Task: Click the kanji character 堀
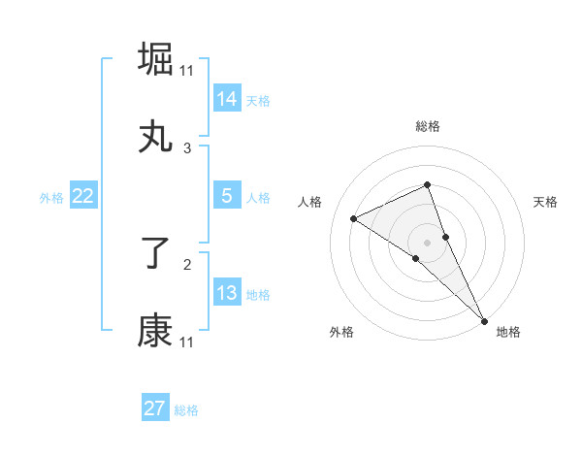pyautogui.click(x=156, y=58)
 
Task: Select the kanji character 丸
pyautogui.click(x=156, y=138)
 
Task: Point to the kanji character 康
pyautogui.click(x=156, y=332)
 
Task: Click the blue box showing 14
pyautogui.click(x=227, y=98)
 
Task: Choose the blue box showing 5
pyautogui.click(x=227, y=195)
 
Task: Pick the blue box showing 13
pyautogui.click(x=227, y=292)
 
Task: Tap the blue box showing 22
pyautogui.click(x=83, y=196)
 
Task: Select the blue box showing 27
pyautogui.click(x=155, y=408)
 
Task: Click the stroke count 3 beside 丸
pyautogui.click(x=187, y=148)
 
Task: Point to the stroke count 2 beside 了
pyautogui.click(x=187, y=263)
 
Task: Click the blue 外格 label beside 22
pyautogui.click(x=51, y=197)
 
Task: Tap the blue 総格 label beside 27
pyautogui.click(x=186, y=410)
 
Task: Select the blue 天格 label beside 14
pyautogui.click(x=258, y=100)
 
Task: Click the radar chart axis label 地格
pyautogui.click(x=508, y=332)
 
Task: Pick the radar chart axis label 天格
pyautogui.click(x=546, y=202)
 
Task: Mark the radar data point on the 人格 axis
pyautogui.click(x=354, y=218)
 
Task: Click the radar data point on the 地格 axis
pyautogui.click(x=484, y=319)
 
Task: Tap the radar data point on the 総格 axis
pyautogui.click(x=427, y=184)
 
